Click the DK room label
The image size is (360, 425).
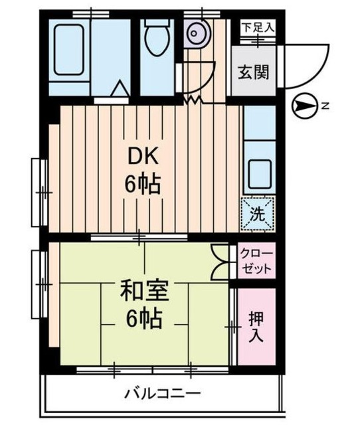pos(143,157)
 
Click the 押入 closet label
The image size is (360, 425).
pos(256,326)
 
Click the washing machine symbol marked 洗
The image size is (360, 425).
pos(256,214)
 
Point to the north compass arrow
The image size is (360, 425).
pos(302,105)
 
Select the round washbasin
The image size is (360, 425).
pos(196,32)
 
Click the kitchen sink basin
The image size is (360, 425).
pos(259,174)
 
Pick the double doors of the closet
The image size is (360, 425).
pos(219,262)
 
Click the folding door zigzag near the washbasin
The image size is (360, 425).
pos(193,100)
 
